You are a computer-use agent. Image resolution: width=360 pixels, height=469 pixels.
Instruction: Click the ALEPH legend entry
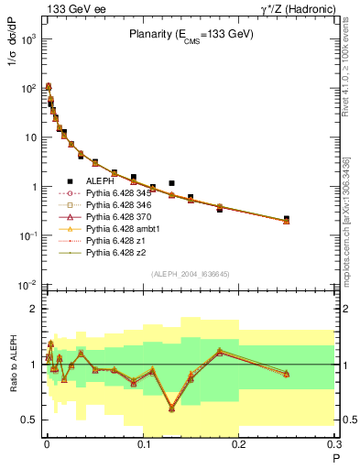coord(99,182)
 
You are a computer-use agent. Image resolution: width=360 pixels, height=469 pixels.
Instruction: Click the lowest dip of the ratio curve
coord(171,409)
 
